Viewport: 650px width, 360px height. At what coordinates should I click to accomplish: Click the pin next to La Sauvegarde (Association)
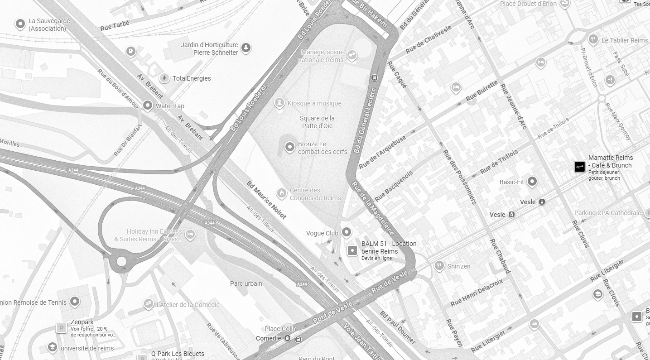[x=20, y=24]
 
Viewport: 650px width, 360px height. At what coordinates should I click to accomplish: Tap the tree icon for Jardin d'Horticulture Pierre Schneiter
[x=246, y=47]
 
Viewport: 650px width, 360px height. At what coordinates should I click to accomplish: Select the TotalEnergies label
[x=192, y=78]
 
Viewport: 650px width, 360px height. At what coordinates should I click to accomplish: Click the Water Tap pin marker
[x=147, y=106]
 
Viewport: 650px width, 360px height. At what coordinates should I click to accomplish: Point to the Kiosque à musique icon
[x=280, y=103]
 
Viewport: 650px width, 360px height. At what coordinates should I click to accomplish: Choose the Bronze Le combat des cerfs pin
[x=290, y=147]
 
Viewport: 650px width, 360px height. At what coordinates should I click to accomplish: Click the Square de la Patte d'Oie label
[x=317, y=122]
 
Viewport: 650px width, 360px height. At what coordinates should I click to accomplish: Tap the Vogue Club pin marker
[x=347, y=232]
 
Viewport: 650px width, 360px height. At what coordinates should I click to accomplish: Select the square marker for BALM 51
[x=352, y=250]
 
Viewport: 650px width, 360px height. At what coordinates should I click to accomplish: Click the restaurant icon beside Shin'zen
[x=439, y=266]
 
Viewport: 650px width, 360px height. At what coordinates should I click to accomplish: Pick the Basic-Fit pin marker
[x=532, y=182]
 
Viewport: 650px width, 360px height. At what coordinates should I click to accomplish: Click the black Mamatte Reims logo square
[x=580, y=167]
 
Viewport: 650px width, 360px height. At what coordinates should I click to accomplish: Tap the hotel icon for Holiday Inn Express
[x=190, y=234]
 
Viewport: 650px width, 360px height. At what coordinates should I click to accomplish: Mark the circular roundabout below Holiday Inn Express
[x=121, y=261]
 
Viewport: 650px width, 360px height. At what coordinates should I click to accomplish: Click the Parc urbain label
[x=246, y=283]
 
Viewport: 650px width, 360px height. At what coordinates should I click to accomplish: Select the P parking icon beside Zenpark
[x=61, y=327]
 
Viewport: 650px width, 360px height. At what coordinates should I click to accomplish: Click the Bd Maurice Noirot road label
[x=266, y=200]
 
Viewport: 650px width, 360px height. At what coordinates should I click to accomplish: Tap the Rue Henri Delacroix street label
[x=477, y=292]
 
